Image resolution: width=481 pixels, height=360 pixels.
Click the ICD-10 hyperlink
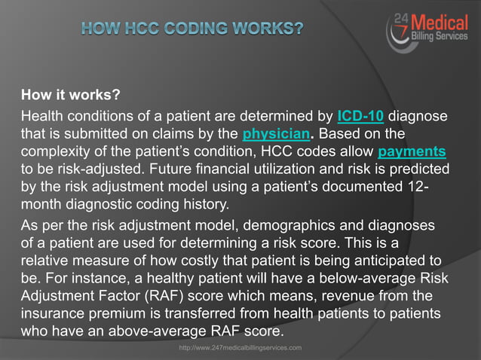(x=361, y=117)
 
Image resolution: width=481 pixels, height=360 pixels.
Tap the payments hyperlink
(x=412, y=151)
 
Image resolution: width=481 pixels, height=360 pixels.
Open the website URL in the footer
(x=240, y=347)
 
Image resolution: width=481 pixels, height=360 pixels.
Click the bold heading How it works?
(x=71, y=96)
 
